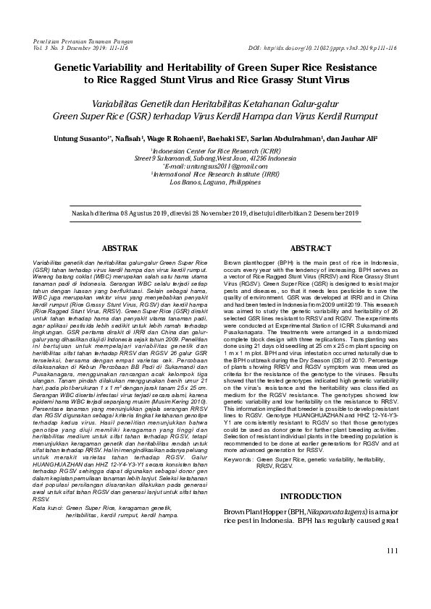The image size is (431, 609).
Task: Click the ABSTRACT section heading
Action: (x=310, y=247)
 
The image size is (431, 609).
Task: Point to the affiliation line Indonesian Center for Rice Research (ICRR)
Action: (x=216, y=148)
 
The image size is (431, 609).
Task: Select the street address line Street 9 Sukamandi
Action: (x=216, y=157)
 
